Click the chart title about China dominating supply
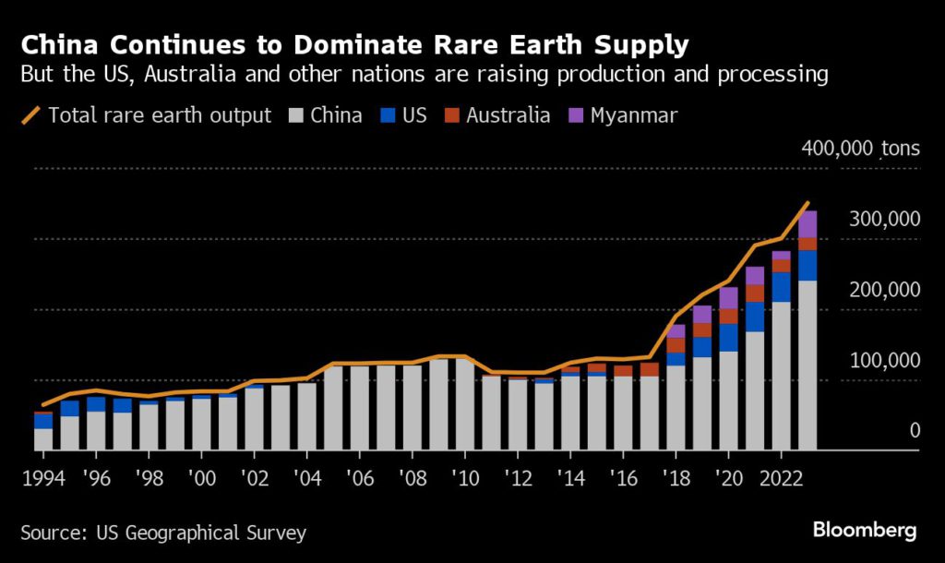click(355, 43)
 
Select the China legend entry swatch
click(295, 116)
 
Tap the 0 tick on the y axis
click(914, 431)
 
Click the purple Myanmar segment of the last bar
click(807, 224)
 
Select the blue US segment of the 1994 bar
click(43, 421)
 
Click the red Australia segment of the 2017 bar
click(650, 369)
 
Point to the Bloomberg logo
click(864, 530)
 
